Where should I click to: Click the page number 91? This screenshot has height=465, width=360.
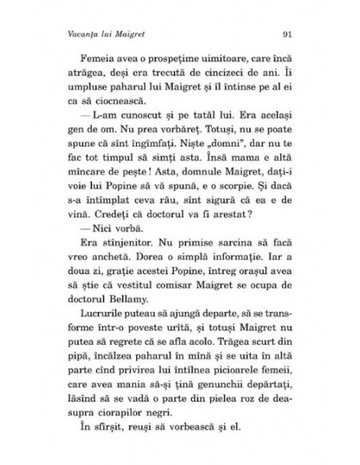point(288,34)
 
